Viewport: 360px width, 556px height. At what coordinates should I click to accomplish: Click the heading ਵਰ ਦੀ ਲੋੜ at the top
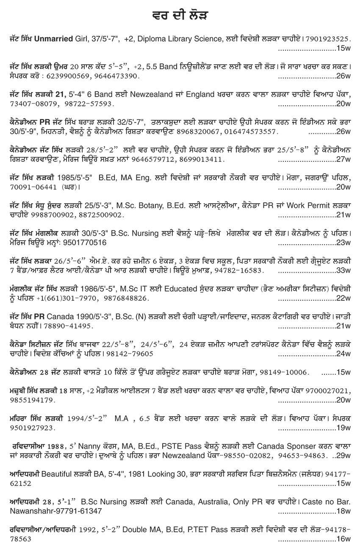point(180,16)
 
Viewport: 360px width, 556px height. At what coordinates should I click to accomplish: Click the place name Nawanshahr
point(30,511)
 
